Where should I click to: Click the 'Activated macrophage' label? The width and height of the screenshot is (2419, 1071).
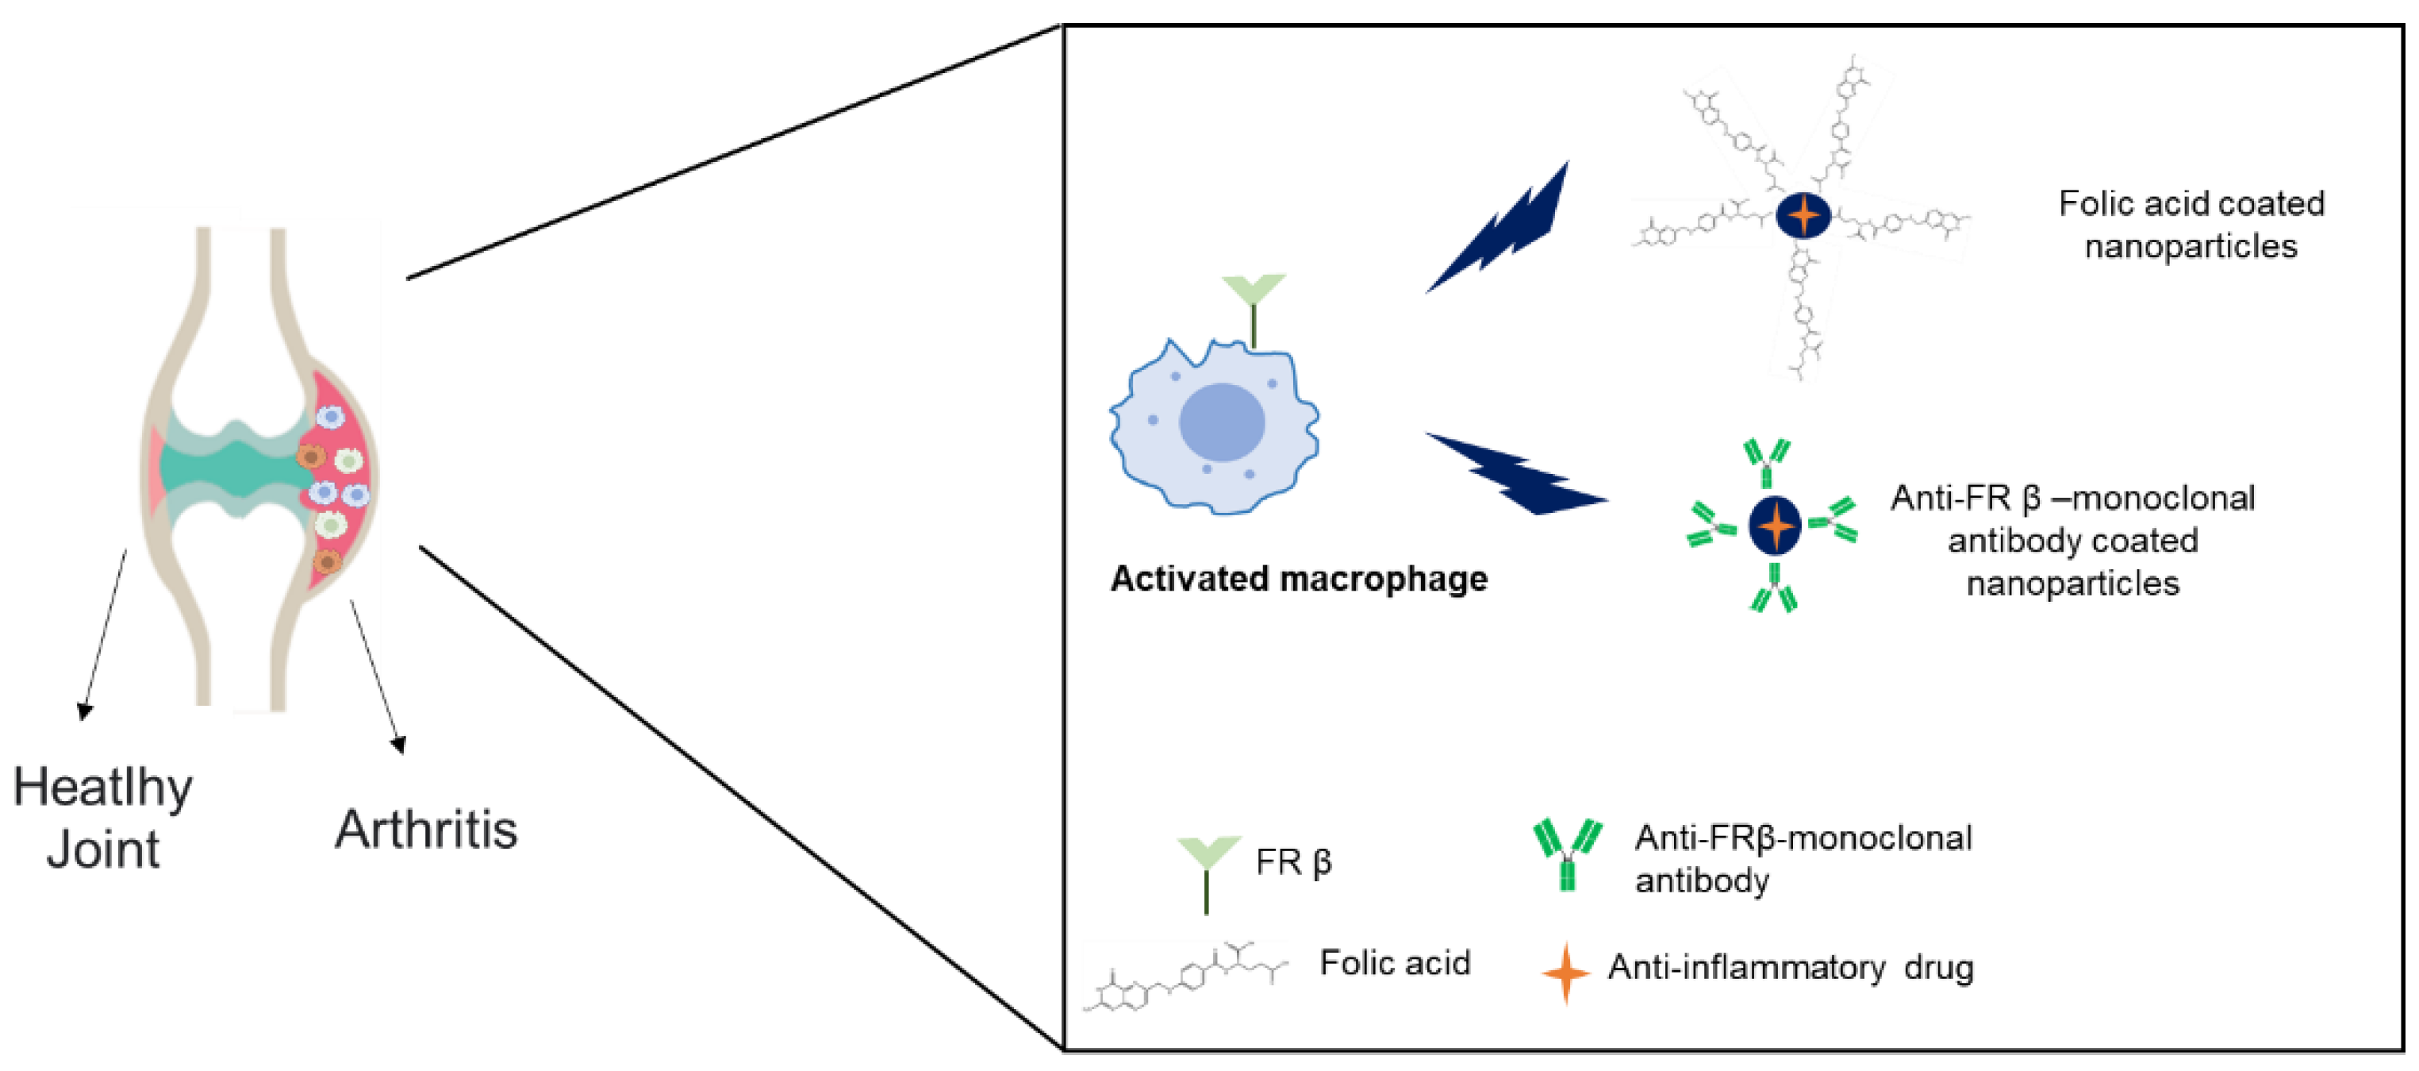point(1299,580)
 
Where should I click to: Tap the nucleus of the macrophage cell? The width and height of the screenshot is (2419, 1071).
point(1221,422)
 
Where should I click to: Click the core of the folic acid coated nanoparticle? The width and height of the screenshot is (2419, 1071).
point(1803,216)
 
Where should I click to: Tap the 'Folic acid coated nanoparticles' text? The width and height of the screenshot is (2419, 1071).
point(2191,225)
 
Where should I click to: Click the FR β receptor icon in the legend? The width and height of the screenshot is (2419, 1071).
point(1208,869)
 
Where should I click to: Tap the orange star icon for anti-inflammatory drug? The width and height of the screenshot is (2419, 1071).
point(1565,973)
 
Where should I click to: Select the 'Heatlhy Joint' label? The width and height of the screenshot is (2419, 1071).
point(103,818)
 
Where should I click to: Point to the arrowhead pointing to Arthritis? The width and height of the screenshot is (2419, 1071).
point(399,745)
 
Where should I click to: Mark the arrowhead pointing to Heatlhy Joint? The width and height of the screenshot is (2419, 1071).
point(85,711)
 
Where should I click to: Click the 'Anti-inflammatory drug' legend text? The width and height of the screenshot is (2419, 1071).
point(1790,968)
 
